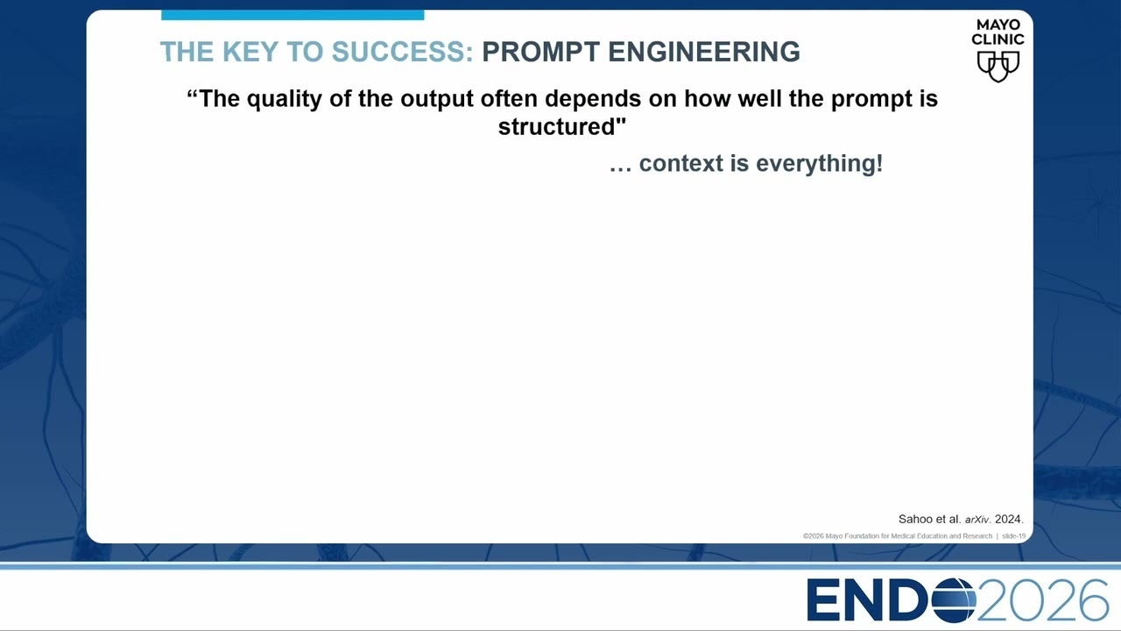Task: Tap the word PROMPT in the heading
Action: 540,52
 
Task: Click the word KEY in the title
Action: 250,52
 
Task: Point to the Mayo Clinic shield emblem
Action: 998,66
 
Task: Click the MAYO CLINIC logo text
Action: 998,32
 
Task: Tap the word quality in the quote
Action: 285,99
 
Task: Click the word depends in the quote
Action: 593,99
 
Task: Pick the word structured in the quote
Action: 556,126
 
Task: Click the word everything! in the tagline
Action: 819,164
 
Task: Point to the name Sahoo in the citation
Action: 915,519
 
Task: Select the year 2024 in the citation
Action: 1009,519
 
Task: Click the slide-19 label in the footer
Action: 1013,535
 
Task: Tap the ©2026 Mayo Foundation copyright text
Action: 898,535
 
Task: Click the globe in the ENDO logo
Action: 954,600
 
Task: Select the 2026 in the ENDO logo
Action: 1042,600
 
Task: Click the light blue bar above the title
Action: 293,15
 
